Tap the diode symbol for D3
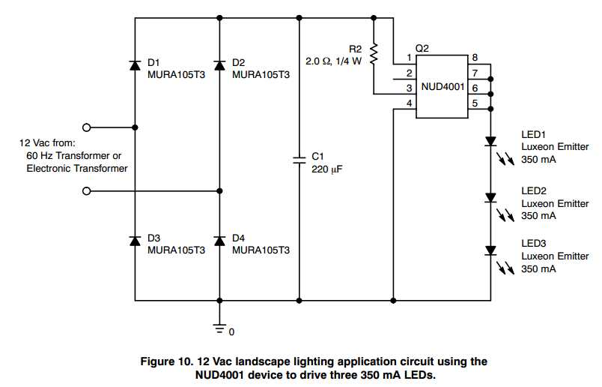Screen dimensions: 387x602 pyautogui.click(x=135, y=240)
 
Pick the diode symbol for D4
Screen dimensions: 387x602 pyautogui.click(x=219, y=240)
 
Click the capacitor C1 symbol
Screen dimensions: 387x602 pyautogui.click(x=299, y=158)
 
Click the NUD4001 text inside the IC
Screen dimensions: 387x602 pyautogui.click(x=443, y=87)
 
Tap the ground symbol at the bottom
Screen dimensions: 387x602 pyautogui.click(x=219, y=327)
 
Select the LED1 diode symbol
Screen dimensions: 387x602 pyautogui.click(x=491, y=140)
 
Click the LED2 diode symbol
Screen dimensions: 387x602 pyautogui.click(x=491, y=197)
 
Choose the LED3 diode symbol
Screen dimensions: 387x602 pyautogui.click(x=491, y=250)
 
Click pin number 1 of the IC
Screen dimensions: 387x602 pyautogui.click(x=409, y=58)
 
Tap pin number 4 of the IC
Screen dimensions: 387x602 pyautogui.click(x=409, y=103)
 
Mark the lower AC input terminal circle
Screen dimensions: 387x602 pyautogui.click(x=87, y=191)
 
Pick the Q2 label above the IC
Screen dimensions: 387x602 pyautogui.click(x=422, y=47)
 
